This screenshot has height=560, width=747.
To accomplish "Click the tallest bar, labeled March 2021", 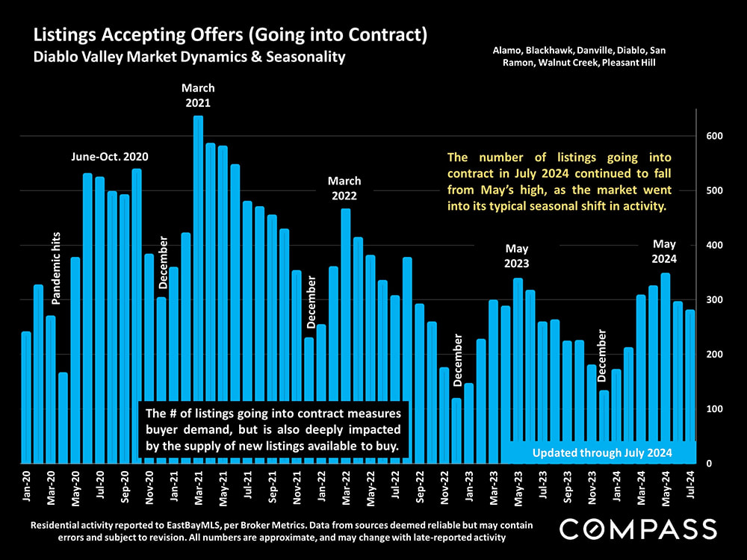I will click(198, 291).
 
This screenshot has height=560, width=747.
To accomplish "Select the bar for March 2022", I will click(346, 336).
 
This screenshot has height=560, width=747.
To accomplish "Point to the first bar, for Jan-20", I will click(26, 396).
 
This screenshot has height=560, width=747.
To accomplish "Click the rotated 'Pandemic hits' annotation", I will click(57, 267).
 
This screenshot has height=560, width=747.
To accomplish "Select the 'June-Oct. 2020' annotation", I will click(110, 157).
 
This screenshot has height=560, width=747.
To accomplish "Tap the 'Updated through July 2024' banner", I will click(603, 453).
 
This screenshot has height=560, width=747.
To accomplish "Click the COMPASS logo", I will click(638, 529).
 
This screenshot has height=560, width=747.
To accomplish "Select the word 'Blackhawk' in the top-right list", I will click(549, 51).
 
